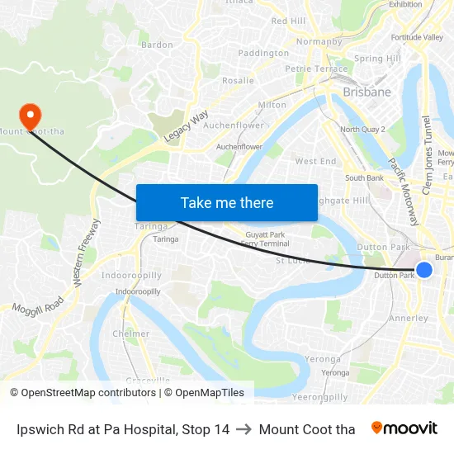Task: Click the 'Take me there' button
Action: tap(227, 202)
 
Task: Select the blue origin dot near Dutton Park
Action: tap(424, 270)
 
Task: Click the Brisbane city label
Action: tap(367, 92)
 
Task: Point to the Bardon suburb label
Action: tap(157, 45)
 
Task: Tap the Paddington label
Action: tap(263, 53)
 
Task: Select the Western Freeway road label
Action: tap(87, 253)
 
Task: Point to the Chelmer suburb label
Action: tap(131, 334)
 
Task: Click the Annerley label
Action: tap(409, 318)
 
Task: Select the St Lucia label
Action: tap(291, 260)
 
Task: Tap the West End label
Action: tap(315, 162)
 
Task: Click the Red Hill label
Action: tap(288, 21)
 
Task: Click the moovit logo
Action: tap(404, 428)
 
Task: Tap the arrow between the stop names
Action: tap(244, 429)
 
